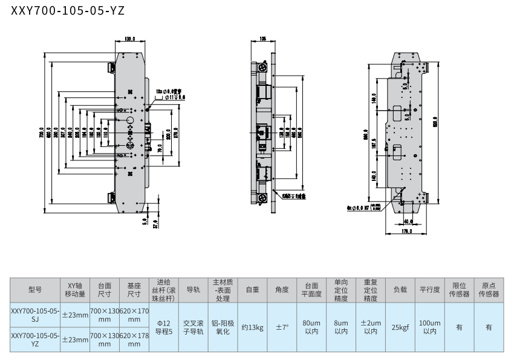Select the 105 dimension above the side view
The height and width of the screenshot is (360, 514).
point(262,39)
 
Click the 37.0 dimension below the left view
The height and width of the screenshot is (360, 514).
point(155,224)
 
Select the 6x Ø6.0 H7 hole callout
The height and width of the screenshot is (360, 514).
point(363,206)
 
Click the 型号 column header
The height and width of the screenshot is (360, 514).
point(35,290)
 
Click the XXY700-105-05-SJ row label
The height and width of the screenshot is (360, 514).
point(35,315)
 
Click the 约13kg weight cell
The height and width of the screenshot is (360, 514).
point(253,327)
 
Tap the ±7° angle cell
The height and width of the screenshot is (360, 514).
point(282,327)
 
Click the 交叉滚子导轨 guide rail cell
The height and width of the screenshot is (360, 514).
point(194,327)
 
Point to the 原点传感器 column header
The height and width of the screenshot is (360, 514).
point(489,290)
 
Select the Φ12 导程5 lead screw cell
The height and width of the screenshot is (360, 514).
point(164,327)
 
